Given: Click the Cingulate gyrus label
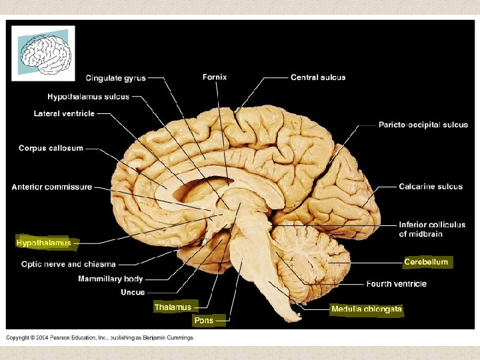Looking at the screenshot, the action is (x=115, y=79).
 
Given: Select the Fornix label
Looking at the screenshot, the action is (x=215, y=77).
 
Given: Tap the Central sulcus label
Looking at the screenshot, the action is (x=318, y=77).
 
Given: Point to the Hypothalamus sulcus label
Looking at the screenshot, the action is (x=88, y=97).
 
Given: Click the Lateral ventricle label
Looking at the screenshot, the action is (x=64, y=114).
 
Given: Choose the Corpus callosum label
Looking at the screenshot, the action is (x=51, y=148).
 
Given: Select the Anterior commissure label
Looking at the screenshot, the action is (x=52, y=187).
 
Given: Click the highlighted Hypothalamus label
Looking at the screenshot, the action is (x=43, y=243).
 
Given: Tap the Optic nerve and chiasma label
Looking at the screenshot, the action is (x=69, y=264).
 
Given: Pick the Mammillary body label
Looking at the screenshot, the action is (x=110, y=279).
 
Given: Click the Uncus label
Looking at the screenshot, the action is (x=133, y=292).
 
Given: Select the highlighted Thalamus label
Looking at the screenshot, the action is (x=173, y=307).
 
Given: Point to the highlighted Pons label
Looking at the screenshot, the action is (x=203, y=321).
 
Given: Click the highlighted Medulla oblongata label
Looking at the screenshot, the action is (x=367, y=309).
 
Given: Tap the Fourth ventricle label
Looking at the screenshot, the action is (x=396, y=284).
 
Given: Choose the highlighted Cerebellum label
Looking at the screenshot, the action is (x=426, y=262).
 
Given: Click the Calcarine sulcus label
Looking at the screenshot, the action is (x=431, y=187).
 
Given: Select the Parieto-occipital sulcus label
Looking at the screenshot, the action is (x=423, y=125).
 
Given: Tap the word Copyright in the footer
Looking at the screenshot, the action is (x=19, y=338).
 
